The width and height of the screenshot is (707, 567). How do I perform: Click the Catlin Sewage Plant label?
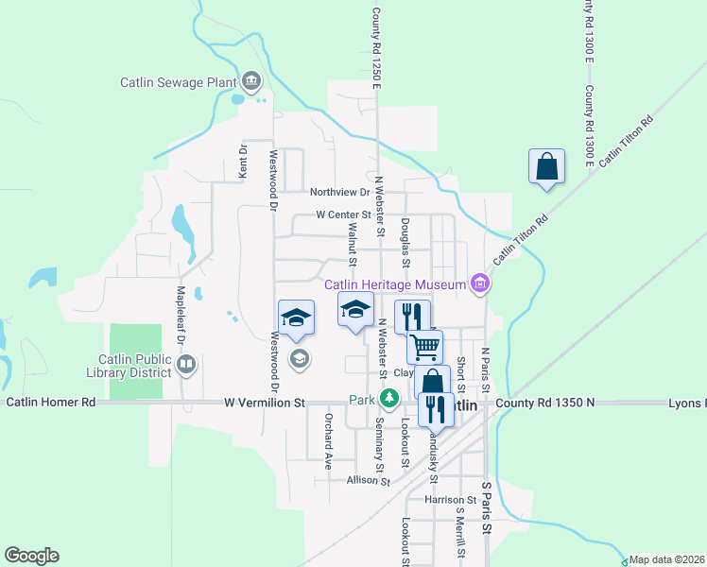[x=177, y=82]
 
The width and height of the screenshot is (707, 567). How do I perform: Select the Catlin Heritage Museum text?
[x=396, y=284]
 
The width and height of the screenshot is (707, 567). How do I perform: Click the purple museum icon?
[x=480, y=283]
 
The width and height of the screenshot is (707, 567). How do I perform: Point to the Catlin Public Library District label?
[x=135, y=365]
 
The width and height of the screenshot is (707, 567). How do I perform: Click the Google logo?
[x=31, y=556]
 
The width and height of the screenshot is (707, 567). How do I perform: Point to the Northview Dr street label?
[x=337, y=190]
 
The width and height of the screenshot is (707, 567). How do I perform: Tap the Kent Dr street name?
[x=243, y=162]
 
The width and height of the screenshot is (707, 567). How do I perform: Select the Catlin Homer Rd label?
[x=51, y=402]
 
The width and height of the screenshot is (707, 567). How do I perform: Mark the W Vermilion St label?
[x=267, y=402]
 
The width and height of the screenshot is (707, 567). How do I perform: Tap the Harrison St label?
[x=450, y=499]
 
